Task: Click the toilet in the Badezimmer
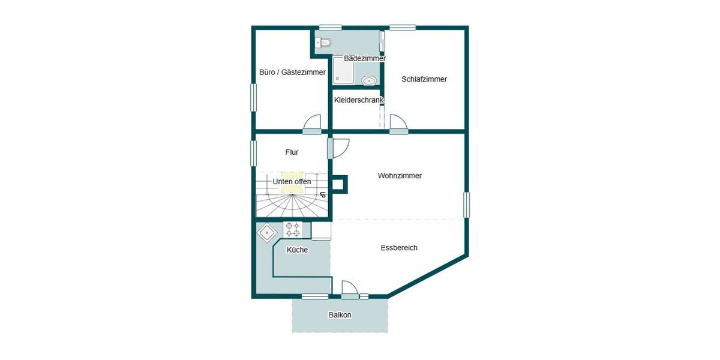325,42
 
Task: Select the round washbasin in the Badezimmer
370,80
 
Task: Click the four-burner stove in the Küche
293,229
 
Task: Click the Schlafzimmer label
424,79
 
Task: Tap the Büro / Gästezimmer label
292,72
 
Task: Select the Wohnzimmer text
400,176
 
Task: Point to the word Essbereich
399,247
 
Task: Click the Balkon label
340,315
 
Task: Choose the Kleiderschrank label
358,100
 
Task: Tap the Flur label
292,152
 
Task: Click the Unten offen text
292,181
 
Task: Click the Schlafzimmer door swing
398,123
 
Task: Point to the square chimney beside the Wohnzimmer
340,184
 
